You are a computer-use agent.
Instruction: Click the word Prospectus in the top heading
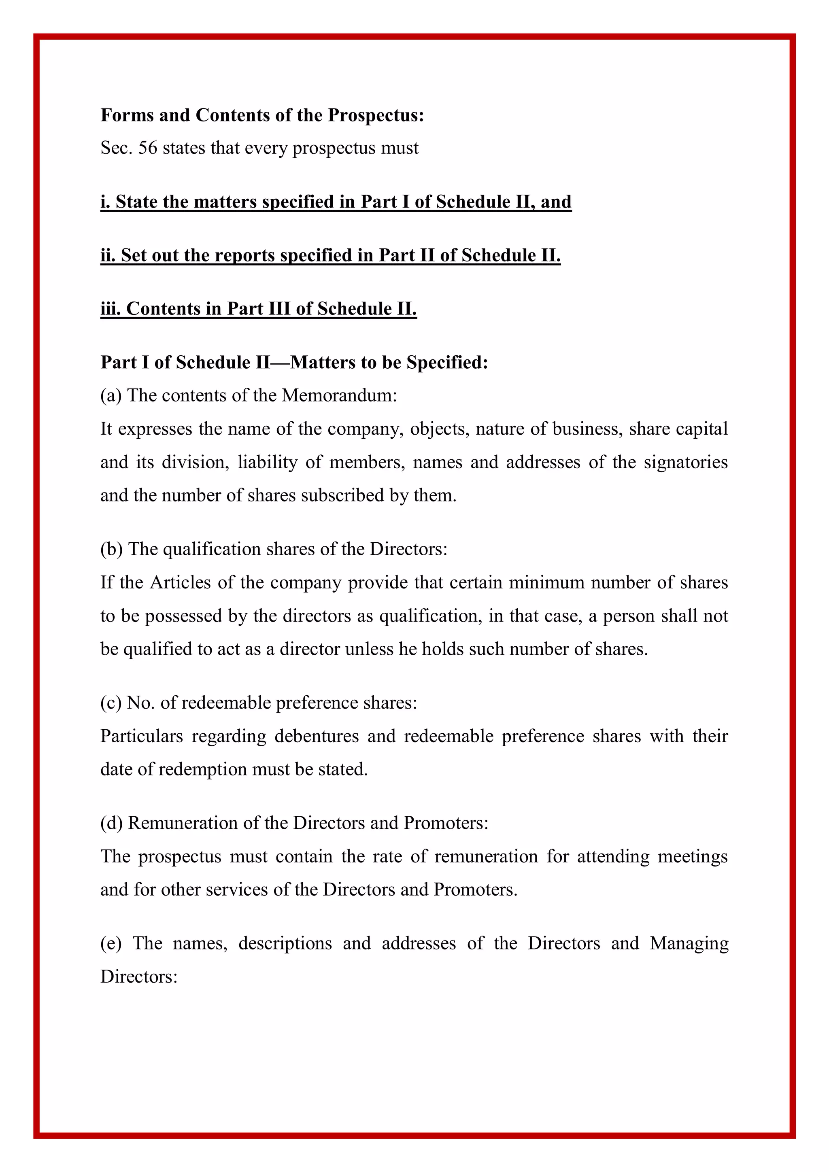(375, 115)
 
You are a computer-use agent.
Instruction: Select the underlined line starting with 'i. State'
(336, 202)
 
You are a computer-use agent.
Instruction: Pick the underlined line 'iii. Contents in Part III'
(258, 309)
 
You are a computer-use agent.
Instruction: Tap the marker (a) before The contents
(111, 396)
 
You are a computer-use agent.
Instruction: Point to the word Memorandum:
(339, 396)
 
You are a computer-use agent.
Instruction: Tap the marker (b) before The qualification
(111, 549)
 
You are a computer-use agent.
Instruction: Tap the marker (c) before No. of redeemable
(111, 703)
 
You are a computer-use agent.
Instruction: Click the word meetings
(692, 857)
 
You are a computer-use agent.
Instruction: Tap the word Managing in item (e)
(689, 943)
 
